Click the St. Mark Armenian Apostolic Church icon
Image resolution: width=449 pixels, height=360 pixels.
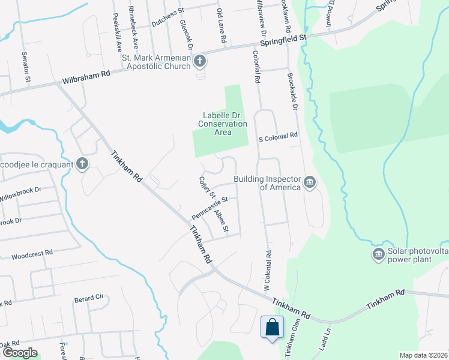(x=200, y=61)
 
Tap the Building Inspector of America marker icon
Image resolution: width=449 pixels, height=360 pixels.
(x=310, y=182)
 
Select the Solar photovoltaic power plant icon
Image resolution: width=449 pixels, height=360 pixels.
(x=378, y=255)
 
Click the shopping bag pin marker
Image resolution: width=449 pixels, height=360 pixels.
(x=272, y=328)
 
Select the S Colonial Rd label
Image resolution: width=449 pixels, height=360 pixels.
(x=278, y=136)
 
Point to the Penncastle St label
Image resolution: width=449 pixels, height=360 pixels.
(x=210, y=208)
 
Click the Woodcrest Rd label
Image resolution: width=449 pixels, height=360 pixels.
(x=32, y=254)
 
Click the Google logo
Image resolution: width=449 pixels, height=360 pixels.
(x=19, y=353)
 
